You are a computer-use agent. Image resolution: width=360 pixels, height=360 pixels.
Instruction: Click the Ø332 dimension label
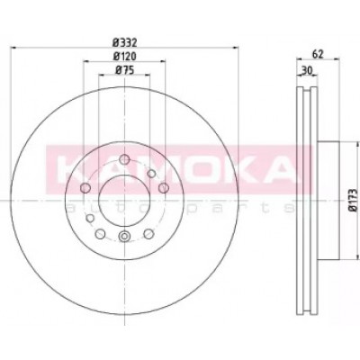[x=124, y=43]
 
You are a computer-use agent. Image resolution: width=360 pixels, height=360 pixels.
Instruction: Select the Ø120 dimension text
[x=124, y=56]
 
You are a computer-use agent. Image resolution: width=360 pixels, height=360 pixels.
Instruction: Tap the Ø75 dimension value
[x=124, y=70]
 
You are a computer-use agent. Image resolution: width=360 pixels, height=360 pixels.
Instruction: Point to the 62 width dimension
[x=318, y=54]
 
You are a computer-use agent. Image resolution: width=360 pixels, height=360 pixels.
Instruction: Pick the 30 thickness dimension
[x=307, y=70]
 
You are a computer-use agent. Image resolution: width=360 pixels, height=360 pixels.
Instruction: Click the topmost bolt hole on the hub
[x=124, y=159]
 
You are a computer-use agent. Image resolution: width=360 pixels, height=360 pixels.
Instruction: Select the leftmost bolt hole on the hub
[x=85, y=188]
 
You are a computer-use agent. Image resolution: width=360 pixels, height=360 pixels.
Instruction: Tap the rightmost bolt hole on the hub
[x=164, y=188]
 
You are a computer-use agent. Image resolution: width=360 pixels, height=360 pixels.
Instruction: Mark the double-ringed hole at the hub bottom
[x=124, y=237]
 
